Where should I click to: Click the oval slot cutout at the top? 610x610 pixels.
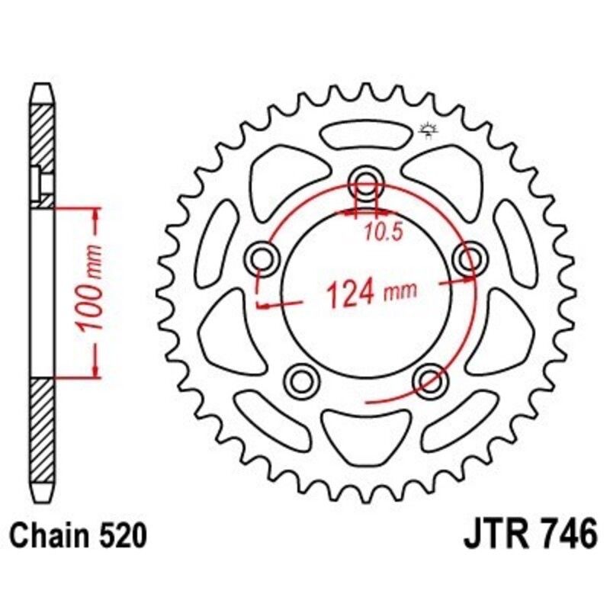[x=364, y=135]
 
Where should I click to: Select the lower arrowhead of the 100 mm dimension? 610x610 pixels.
[x=96, y=369]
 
